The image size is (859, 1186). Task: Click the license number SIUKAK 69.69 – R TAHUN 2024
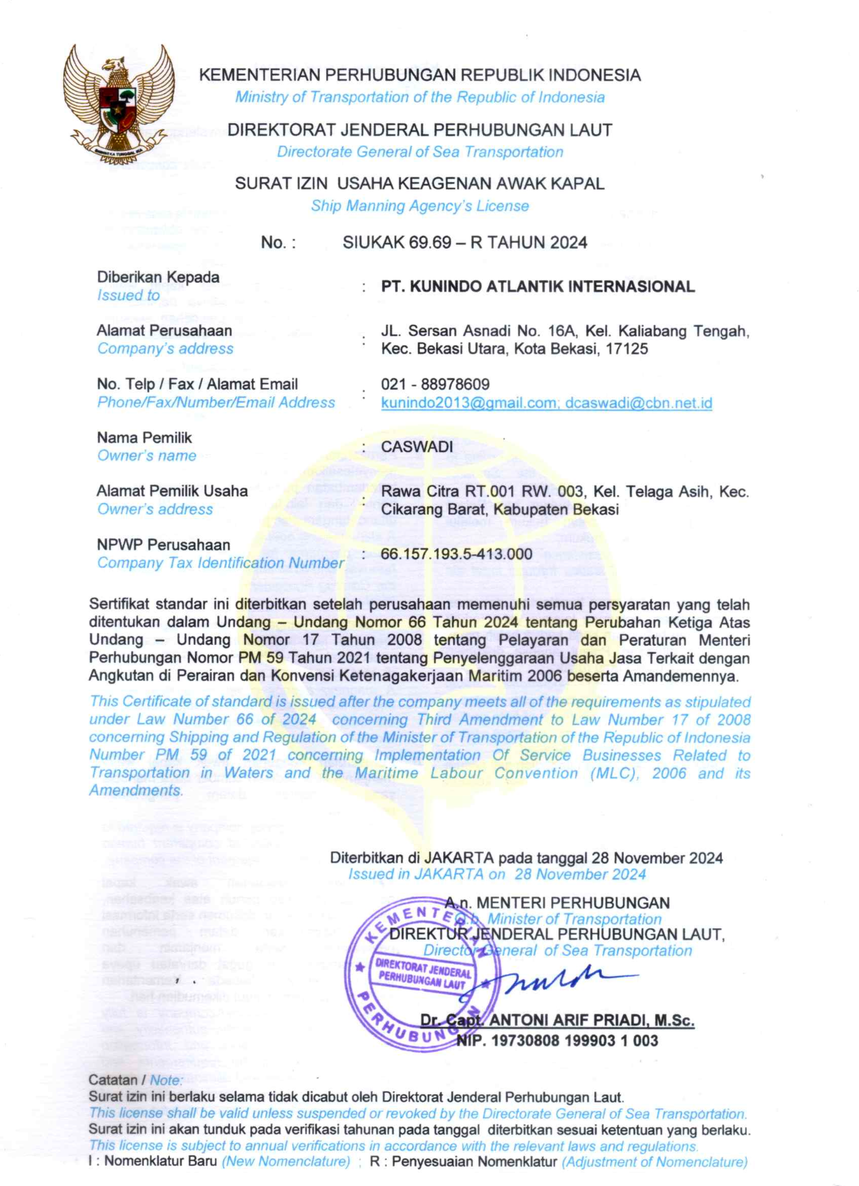pyautogui.click(x=465, y=243)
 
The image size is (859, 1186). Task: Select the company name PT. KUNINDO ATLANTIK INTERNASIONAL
pyautogui.click(x=538, y=287)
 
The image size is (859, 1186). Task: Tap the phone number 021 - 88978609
pyautogui.click(x=435, y=385)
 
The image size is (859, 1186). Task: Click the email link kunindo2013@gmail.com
pyautogui.click(x=469, y=403)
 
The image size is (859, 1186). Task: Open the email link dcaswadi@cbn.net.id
pyautogui.click(x=638, y=403)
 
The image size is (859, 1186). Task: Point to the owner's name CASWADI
pyautogui.click(x=417, y=447)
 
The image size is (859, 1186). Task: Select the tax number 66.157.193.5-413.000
pyautogui.click(x=456, y=554)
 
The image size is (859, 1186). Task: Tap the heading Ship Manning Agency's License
pyautogui.click(x=420, y=206)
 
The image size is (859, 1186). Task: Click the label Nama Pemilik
pyautogui.click(x=145, y=438)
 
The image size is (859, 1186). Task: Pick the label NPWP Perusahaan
pyautogui.click(x=163, y=545)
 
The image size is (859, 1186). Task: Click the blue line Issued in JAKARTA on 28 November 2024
pyautogui.click(x=497, y=875)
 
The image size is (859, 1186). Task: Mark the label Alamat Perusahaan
pyautogui.click(x=164, y=331)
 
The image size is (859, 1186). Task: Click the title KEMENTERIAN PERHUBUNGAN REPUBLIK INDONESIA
pyautogui.click(x=420, y=75)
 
